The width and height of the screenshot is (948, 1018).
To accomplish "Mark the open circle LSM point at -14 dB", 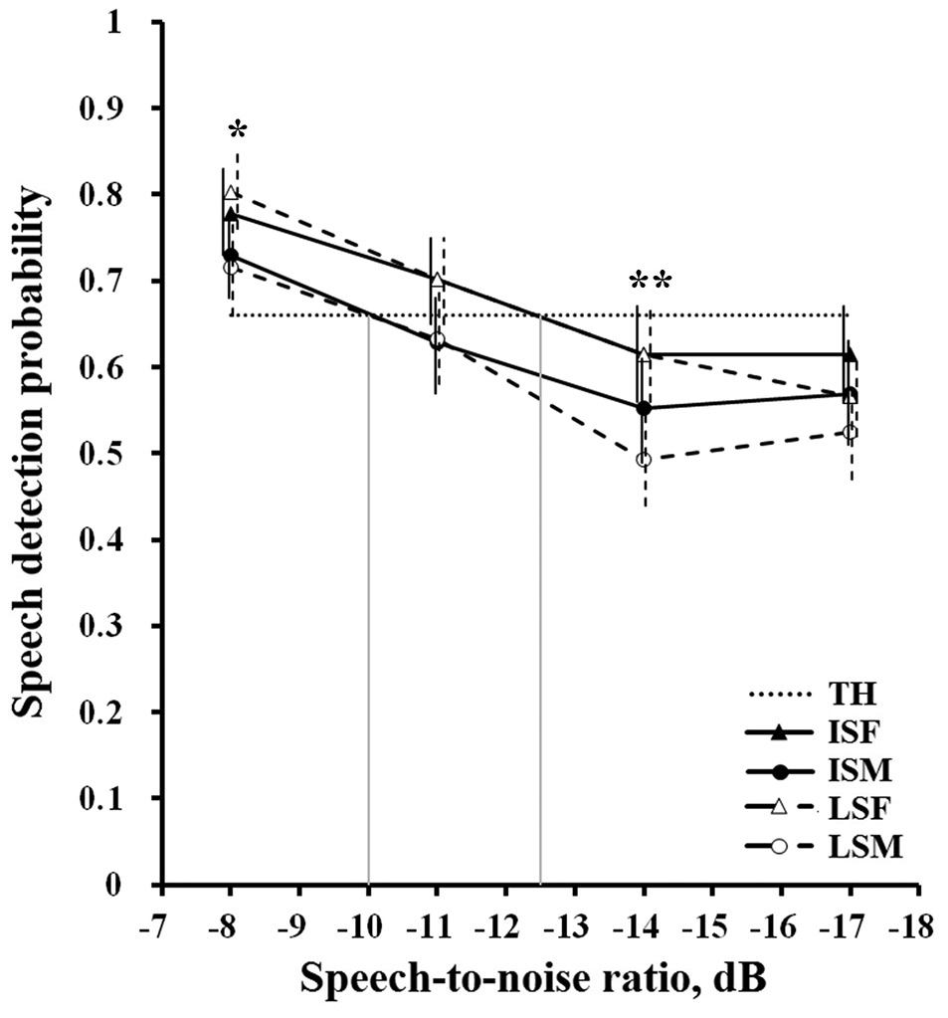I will [644, 460].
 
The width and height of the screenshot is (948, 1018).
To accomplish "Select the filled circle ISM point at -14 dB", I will [644, 408].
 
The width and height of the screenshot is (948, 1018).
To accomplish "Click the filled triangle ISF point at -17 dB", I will [850, 355].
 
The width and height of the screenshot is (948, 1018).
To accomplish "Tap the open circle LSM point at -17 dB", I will [850, 432].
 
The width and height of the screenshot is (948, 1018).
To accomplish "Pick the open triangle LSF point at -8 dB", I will [231, 193].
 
